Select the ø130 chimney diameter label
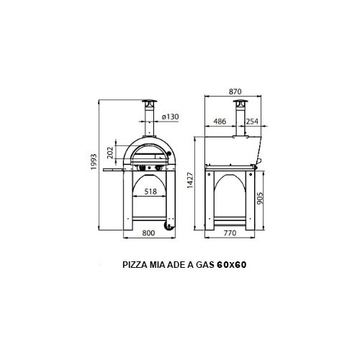pos(171,117)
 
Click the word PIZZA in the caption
pos(137,264)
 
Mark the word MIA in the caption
pos(159,264)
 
